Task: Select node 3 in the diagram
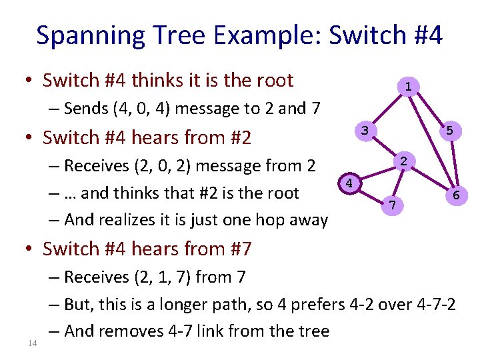(364, 130)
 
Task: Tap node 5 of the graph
(449, 131)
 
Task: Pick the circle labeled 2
(405, 161)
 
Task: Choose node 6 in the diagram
(455, 195)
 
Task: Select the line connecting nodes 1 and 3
(387, 107)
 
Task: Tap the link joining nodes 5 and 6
(453, 163)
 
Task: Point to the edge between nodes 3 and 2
(385, 145)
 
